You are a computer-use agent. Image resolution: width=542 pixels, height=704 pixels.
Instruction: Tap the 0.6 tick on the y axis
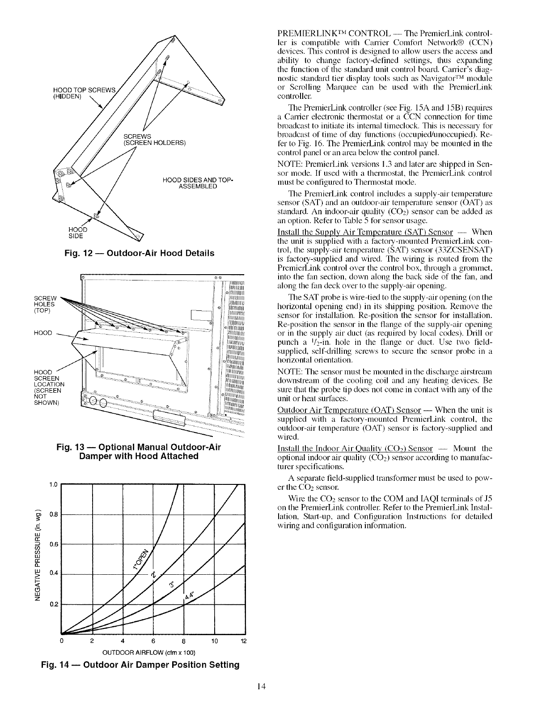(x=53, y=544)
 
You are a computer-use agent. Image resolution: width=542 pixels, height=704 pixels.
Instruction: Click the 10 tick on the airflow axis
(x=214, y=642)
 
